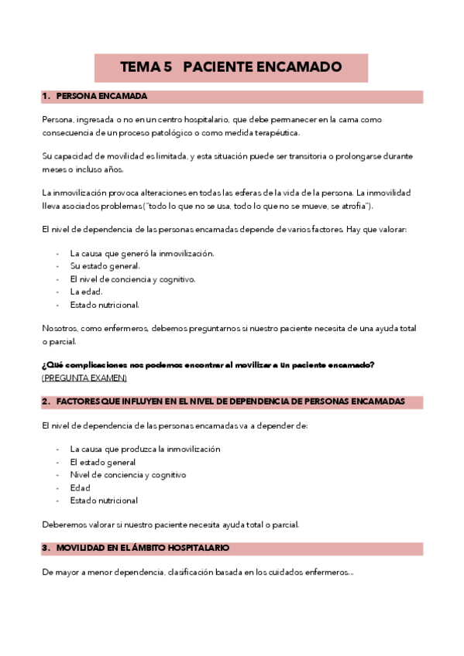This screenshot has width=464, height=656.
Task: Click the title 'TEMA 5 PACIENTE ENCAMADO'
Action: (231, 67)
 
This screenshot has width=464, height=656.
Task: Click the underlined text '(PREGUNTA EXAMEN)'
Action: (84, 378)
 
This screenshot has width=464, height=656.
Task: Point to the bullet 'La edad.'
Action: (86, 292)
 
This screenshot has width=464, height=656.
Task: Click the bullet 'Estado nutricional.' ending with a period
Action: (105, 305)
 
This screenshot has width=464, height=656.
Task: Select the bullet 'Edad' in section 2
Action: (80, 487)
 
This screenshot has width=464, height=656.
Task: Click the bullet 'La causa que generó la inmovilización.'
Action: (142, 253)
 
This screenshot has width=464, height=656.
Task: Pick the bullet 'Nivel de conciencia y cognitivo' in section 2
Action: (128, 475)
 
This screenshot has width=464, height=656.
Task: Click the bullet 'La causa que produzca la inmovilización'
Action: (145, 449)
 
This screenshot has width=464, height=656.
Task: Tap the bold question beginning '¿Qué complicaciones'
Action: (208, 365)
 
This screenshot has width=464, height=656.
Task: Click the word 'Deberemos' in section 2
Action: (62, 524)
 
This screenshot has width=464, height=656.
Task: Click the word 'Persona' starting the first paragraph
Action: (57, 120)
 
